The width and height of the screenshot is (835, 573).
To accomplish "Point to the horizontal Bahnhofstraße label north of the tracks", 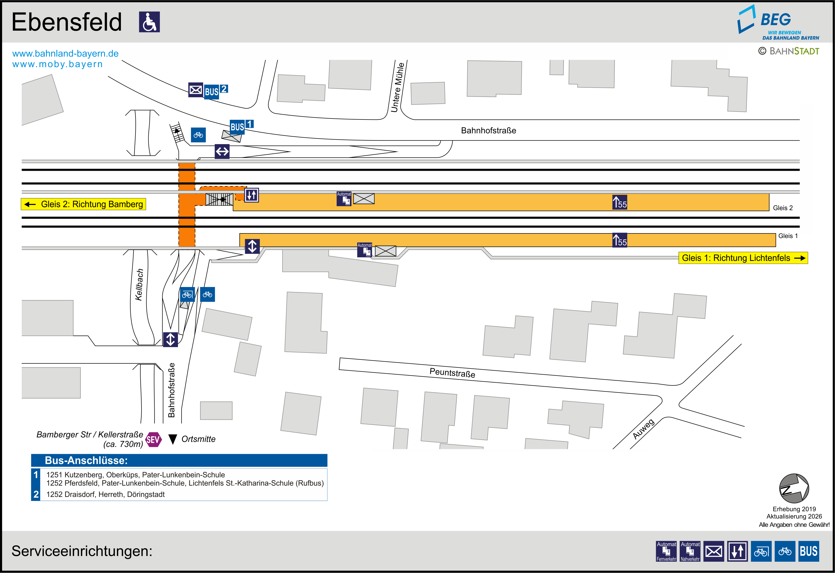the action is [488, 130].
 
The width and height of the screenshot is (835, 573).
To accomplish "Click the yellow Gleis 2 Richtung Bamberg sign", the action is [83, 204].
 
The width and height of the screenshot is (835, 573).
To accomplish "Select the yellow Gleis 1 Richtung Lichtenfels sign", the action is [743, 258].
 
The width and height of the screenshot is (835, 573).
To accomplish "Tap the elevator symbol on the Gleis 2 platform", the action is [252, 195].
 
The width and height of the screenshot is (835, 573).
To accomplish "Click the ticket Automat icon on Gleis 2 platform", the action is [344, 199].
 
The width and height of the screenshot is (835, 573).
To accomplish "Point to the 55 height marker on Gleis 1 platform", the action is [620, 241].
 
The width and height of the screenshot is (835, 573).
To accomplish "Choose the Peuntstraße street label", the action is [452, 373].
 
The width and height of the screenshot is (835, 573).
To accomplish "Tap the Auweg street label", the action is [643, 429].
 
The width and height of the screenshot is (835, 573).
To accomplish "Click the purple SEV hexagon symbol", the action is [153, 439].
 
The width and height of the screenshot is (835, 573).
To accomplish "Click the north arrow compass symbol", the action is [794, 488].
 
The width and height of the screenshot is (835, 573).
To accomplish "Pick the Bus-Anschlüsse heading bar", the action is [179, 460].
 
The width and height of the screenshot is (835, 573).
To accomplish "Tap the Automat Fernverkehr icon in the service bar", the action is [666, 551].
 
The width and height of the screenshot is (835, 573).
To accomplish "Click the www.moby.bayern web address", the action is [58, 64].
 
